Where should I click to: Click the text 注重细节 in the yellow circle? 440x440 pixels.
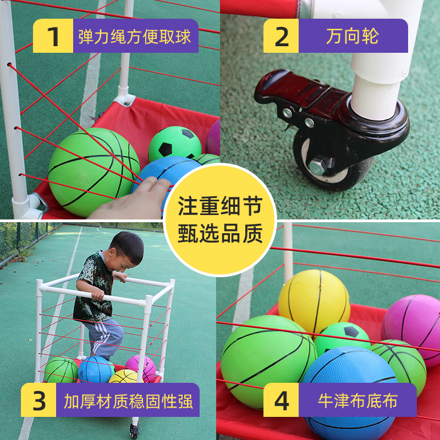(x=219, y=207)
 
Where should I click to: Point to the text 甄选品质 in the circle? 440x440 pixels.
(x=219, y=234)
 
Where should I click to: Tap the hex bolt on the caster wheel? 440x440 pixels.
(x=317, y=166)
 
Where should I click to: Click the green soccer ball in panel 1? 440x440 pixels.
(x=175, y=144)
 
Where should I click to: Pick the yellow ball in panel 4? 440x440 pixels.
(x=313, y=300)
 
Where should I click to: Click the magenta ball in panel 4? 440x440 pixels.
(x=414, y=322)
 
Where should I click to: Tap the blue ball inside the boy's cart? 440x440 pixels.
(x=96, y=370)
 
